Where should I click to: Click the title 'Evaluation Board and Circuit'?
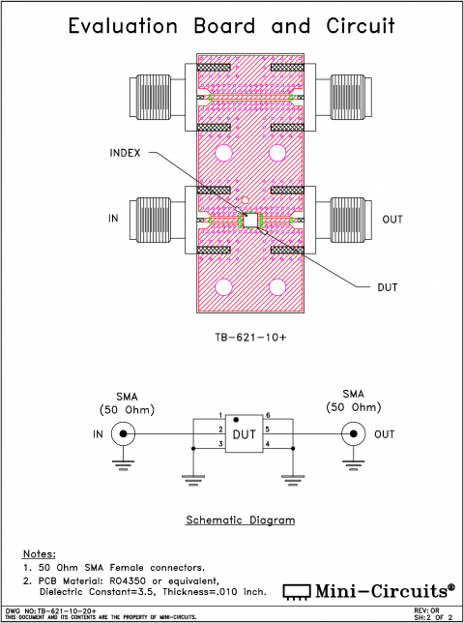232,26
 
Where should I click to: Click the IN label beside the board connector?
113,220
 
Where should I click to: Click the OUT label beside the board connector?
391,220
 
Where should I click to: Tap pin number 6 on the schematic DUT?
268,415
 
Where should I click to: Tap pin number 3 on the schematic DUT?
220,444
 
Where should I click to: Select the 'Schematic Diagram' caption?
240,519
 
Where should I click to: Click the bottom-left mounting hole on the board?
224,286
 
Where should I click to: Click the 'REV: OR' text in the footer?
427,610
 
